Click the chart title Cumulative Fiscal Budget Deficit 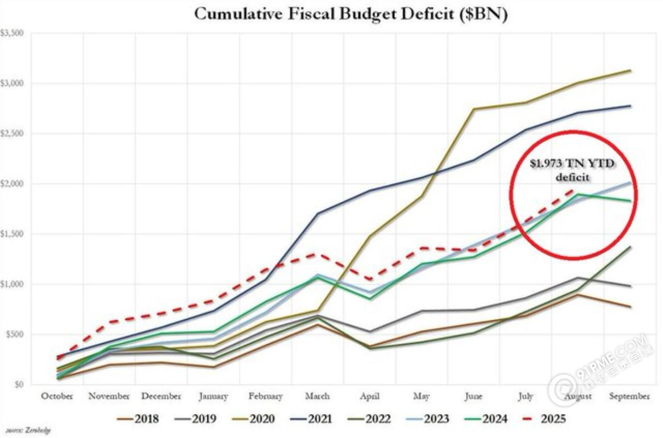point(351,15)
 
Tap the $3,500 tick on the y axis point(12,34)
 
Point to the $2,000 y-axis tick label point(12,184)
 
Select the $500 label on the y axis point(14,335)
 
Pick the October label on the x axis point(57,396)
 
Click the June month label point(473,396)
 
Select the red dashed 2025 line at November point(110,322)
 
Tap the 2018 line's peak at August point(578,294)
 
